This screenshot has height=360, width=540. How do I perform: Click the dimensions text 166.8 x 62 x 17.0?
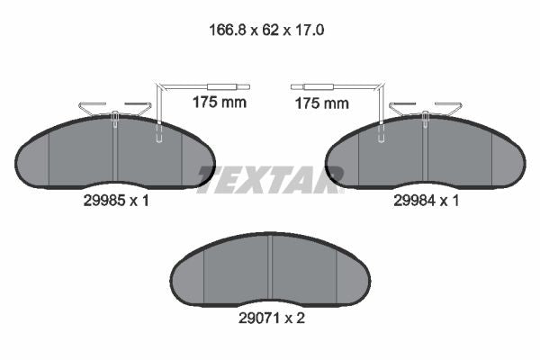pos(266,30)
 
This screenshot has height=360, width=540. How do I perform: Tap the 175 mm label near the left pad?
pos(220,103)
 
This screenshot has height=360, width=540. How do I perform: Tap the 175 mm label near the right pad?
pos(322,103)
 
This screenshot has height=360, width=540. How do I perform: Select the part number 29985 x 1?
pos(116,201)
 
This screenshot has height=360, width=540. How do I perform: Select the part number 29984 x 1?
pos(427,201)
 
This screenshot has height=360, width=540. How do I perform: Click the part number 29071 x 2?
pos(272,318)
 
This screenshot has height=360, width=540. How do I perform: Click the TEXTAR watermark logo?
pos(270,179)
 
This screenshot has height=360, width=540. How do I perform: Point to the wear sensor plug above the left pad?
pos(229,86)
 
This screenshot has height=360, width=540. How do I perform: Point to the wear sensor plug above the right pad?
pos(312,86)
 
